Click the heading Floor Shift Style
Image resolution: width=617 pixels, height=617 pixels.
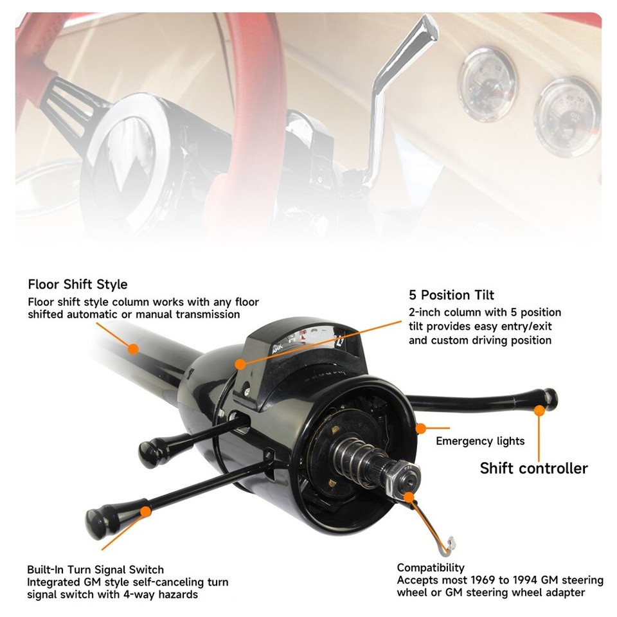coord(78,284)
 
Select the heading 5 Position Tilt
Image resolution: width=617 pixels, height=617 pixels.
coord(451,295)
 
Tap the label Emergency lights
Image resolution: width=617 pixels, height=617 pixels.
coord(480,441)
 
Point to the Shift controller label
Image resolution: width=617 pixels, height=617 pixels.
coord(533,468)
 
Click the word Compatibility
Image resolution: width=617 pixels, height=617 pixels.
coord(431,568)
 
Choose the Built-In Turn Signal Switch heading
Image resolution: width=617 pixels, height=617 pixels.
coord(95,569)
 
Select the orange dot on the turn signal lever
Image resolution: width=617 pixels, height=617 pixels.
coord(147,512)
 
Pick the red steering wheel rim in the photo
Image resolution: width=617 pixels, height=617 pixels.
coord(257,71)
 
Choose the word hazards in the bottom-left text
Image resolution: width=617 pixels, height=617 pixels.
coord(177,595)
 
